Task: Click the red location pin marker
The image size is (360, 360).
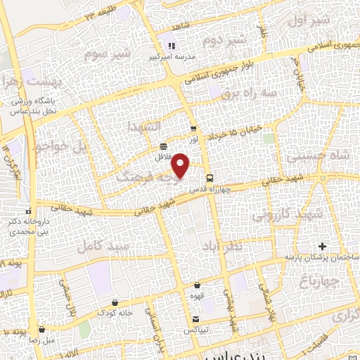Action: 181,165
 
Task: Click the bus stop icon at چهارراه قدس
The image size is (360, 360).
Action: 210,178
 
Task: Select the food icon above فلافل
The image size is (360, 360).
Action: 164,147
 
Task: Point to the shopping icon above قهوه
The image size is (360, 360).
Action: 197,285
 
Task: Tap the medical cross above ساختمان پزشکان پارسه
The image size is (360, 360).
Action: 323,246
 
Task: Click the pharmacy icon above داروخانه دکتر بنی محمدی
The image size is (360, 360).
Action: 28,211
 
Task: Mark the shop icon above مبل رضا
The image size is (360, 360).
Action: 42,328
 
